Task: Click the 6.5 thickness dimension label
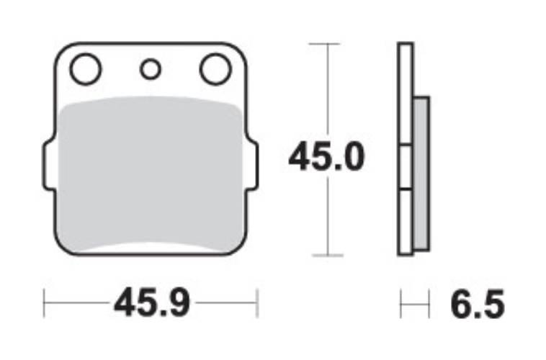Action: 477,305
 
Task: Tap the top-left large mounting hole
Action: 86,70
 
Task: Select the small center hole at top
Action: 151,69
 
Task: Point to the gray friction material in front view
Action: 151,173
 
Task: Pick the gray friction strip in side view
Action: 421,173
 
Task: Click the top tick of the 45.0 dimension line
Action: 328,44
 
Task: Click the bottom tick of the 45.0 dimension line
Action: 328,255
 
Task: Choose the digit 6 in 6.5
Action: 462,305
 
